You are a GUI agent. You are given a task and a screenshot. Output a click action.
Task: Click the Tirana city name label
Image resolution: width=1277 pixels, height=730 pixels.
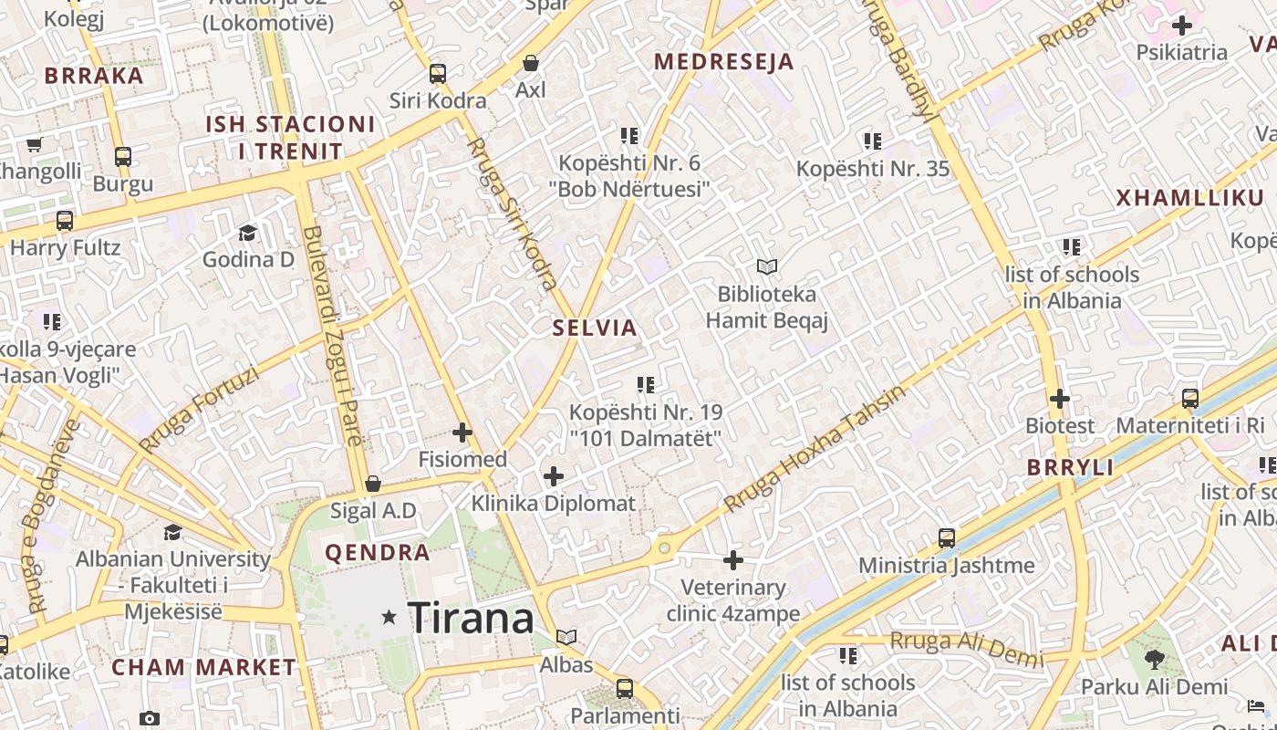tap(470, 619)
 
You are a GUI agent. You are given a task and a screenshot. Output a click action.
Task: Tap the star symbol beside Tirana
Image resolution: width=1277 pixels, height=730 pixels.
tap(389, 618)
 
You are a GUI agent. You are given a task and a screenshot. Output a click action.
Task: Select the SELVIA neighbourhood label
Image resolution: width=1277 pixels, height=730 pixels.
tap(595, 328)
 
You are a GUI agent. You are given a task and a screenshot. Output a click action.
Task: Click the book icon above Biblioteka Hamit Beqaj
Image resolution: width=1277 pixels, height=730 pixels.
tap(767, 267)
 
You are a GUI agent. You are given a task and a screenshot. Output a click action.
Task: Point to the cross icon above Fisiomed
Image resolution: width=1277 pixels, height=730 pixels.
tap(462, 432)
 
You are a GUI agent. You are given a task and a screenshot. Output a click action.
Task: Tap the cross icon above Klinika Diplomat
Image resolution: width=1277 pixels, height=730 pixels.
tap(554, 475)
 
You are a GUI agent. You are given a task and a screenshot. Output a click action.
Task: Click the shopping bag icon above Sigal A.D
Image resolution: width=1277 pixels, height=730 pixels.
tap(372, 483)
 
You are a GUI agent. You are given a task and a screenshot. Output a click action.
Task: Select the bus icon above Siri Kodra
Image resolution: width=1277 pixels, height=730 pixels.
tap(438, 74)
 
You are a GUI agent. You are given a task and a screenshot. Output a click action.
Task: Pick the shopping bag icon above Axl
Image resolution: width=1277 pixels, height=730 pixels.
tap(531, 63)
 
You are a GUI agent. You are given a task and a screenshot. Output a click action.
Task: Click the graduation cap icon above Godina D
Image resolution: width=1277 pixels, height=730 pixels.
tap(247, 233)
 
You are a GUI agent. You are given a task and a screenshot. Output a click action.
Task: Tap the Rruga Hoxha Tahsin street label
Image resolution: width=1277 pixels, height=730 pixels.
tap(815, 448)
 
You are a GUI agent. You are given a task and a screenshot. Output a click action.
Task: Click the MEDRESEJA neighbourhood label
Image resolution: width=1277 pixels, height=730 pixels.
tap(724, 62)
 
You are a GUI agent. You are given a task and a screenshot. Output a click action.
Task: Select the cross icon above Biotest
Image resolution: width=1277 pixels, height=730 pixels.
tap(1059, 399)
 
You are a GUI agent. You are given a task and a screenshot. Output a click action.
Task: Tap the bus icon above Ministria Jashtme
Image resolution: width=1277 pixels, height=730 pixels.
tap(947, 538)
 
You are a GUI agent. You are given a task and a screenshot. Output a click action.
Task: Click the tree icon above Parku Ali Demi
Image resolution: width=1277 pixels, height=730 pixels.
tap(1155, 659)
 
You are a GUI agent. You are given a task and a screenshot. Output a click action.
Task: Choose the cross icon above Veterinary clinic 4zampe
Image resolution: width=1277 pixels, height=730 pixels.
tap(733, 559)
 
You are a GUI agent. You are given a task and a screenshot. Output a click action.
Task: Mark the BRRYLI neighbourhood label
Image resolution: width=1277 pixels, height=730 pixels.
tap(1070, 468)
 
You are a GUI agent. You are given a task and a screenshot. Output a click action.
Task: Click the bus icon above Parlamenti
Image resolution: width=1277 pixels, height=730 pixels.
tap(625, 688)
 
